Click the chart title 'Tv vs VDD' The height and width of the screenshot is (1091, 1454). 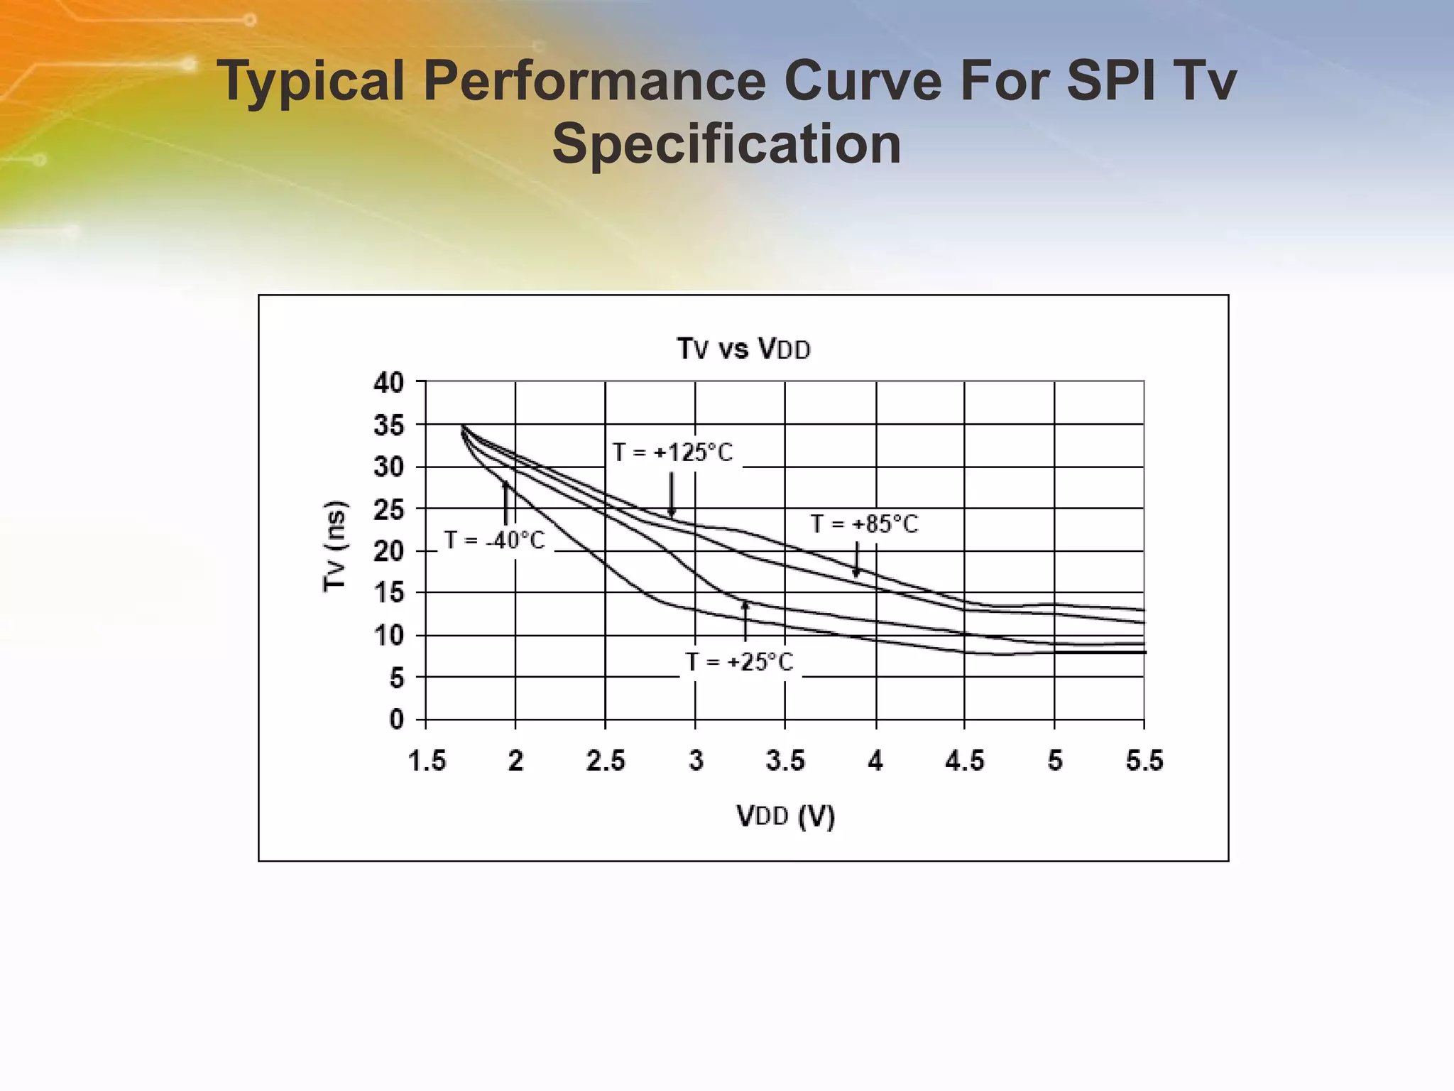743,349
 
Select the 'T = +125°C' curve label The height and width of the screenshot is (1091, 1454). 672,452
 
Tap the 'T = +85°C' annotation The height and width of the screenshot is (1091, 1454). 864,524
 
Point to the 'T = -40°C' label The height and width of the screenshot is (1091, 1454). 495,541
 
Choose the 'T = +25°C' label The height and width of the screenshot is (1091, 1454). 739,662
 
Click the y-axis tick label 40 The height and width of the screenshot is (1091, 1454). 388,383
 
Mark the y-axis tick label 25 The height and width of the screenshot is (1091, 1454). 388,509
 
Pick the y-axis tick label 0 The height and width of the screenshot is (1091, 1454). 396,720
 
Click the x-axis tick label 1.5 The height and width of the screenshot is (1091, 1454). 427,761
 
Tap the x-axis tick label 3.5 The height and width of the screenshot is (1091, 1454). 785,761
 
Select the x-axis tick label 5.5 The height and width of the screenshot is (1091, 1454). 1144,761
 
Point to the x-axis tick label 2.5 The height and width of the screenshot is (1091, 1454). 606,761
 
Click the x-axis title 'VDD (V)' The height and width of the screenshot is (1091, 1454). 785,816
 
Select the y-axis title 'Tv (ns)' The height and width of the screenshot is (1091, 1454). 334,545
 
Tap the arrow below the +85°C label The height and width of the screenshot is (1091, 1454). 857,560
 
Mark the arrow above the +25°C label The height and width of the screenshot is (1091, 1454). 745,621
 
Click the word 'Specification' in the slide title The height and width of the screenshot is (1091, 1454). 726,143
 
